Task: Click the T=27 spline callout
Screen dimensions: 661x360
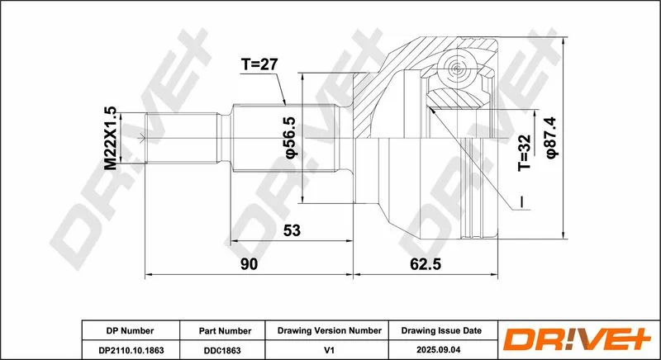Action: [259, 64]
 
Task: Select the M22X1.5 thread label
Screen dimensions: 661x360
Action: [111, 138]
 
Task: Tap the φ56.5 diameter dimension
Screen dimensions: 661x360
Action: [292, 138]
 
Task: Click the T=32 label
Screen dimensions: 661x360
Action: [525, 153]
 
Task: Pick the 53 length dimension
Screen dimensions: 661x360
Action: [292, 230]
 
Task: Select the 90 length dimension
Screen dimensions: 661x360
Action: [249, 264]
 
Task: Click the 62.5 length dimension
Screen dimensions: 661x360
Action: [425, 264]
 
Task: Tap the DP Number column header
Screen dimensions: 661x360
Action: [130, 331]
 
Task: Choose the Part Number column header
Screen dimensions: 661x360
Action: [225, 331]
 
